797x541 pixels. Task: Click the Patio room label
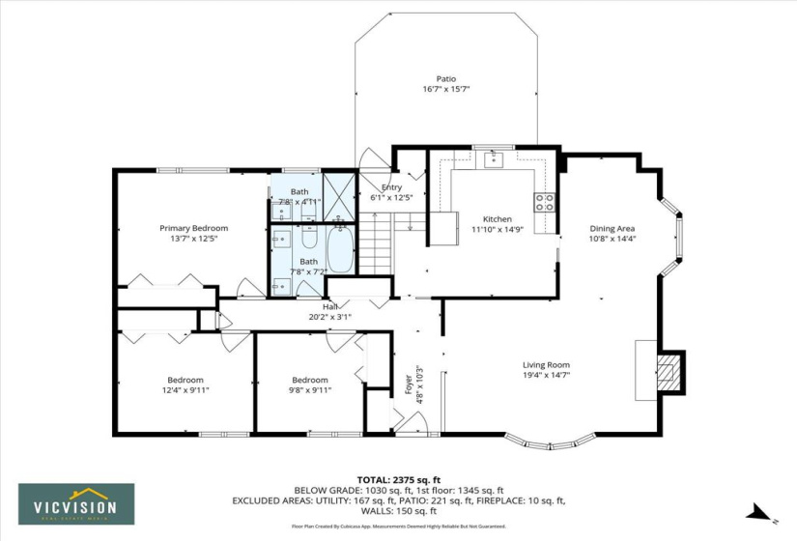point(445,79)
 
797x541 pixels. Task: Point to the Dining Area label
point(612,229)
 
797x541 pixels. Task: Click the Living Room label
point(546,365)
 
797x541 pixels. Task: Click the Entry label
point(391,187)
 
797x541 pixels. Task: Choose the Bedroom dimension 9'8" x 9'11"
point(310,390)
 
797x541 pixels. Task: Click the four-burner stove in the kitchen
point(545,202)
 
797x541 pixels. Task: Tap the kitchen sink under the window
point(494,157)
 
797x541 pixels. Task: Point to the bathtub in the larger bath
point(341,249)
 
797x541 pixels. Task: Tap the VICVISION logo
point(76,504)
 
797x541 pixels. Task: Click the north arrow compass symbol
point(761,512)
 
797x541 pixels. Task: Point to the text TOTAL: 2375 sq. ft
point(398,479)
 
